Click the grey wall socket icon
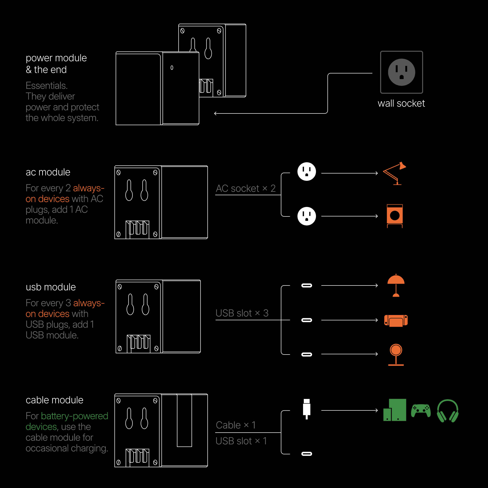(x=401, y=72)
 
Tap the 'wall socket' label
(x=401, y=103)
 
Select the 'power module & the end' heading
(x=56, y=64)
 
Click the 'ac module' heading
(x=48, y=172)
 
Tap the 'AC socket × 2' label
(x=245, y=188)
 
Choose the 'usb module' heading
(x=51, y=287)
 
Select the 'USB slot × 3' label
(x=242, y=313)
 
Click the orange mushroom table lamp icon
(x=396, y=285)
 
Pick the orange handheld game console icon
(x=396, y=321)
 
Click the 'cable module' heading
(x=55, y=400)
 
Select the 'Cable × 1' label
(x=236, y=425)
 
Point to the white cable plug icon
(x=307, y=409)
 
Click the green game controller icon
(x=421, y=411)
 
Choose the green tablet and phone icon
(x=395, y=410)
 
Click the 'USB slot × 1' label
(x=241, y=441)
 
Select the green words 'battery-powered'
(x=74, y=416)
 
